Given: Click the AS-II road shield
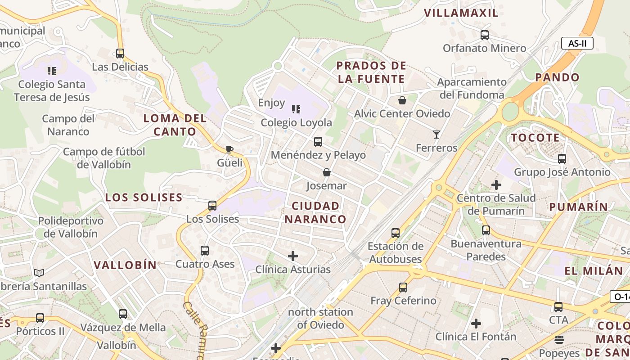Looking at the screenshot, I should (577, 44).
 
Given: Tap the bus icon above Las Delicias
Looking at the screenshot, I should (120, 54).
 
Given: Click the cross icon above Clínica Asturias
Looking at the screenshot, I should (292, 256).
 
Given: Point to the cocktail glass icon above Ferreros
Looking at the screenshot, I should (436, 134).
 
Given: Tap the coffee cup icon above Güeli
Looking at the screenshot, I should (229, 149).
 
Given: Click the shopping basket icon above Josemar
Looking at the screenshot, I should (326, 172).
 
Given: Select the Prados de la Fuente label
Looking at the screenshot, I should (371, 72).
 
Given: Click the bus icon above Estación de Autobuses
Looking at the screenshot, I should (395, 233).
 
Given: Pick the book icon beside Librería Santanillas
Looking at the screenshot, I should (39, 273).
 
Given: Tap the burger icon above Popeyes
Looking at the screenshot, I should (559, 339).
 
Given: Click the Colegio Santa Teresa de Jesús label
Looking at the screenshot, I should (52, 90).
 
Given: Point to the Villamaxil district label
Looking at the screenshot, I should (461, 13).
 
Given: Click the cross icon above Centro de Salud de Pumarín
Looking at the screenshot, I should (496, 185).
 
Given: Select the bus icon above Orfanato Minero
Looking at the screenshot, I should (484, 35).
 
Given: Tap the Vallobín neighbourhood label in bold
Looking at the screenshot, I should (125, 265).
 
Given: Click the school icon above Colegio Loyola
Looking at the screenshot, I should (296, 109).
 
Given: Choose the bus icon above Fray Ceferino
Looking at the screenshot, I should (403, 287).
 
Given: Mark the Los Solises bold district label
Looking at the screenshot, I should (144, 198).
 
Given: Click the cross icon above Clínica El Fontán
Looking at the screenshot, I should (476, 323).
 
